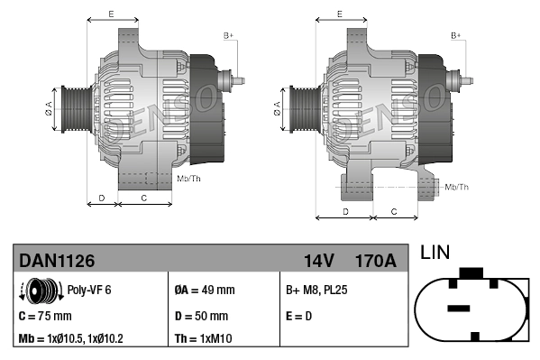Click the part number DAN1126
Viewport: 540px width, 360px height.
point(58,261)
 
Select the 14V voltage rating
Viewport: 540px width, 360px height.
point(318,261)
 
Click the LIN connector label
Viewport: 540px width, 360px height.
point(435,254)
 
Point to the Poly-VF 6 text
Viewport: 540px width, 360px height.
point(89,291)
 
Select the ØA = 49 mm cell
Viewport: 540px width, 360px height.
point(204,291)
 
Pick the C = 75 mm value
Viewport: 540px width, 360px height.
point(45,316)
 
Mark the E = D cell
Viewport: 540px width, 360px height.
point(299,316)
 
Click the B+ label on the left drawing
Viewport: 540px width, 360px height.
point(228,35)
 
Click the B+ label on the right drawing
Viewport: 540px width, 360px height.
point(456,35)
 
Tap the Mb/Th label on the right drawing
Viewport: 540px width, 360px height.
point(457,187)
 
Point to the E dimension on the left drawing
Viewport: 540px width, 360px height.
point(111,14)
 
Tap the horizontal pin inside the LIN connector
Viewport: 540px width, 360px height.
point(459,308)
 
